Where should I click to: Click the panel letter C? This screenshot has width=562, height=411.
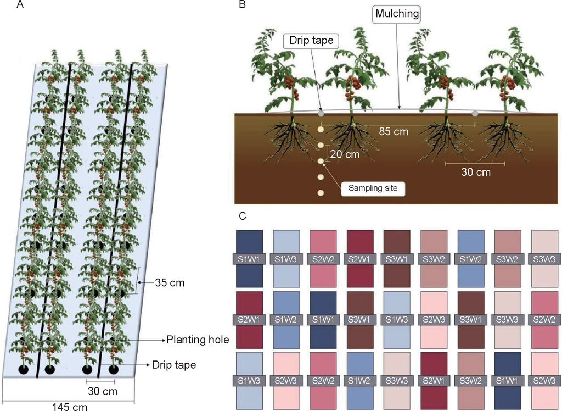(243, 216)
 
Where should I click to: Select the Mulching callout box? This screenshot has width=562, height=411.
(397, 14)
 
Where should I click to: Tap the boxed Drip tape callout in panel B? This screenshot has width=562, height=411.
(311, 40)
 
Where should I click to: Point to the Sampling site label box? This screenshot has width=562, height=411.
(373, 188)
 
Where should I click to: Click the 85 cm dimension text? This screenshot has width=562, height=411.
(394, 132)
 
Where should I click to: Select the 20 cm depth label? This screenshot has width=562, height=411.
(345, 154)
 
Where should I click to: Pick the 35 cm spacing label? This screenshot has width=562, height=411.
(170, 283)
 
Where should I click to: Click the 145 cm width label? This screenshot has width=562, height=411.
(70, 407)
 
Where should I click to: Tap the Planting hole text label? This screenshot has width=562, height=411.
(198, 340)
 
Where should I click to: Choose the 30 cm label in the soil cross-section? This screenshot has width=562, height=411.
(476, 172)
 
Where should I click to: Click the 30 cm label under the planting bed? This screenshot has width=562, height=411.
(103, 391)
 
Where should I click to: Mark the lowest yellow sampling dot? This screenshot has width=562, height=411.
(321, 193)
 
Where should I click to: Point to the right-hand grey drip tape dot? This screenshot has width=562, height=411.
(475, 113)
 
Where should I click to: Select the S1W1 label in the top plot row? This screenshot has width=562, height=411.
(250, 259)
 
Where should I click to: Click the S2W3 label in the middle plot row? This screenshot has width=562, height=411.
(434, 319)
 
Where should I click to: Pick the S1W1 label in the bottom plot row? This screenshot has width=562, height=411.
(507, 380)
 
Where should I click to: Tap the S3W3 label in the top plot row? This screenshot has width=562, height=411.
(544, 259)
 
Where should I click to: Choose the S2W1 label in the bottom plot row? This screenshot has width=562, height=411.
(434, 380)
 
